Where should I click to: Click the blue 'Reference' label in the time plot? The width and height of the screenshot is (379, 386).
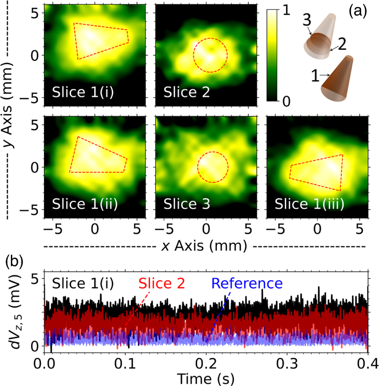click(247, 283)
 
